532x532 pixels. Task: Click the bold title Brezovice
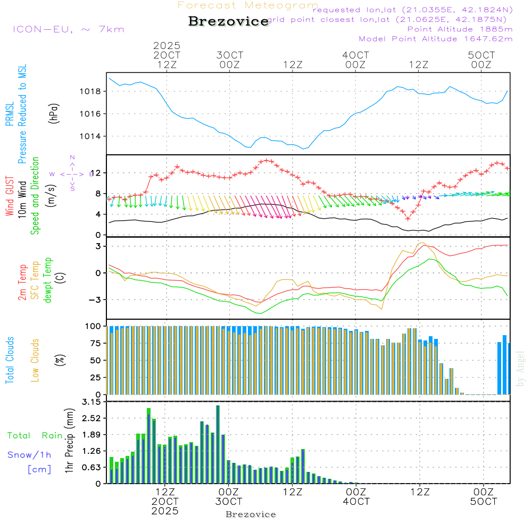pyautogui.click(x=228, y=21)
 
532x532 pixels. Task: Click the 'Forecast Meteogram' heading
pyautogui.click(x=248, y=5)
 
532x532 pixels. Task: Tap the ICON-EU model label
pyautogui.click(x=68, y=29)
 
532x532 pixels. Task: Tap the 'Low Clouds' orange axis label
pyautogui.click(x=35, y=360)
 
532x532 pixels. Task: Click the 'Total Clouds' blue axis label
pyautogui.click(x=10, y=360)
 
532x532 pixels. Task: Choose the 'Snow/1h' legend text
pyautogui.click(x=29, y=455)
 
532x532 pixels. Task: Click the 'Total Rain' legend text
pyautogui.click(x=35, y=436)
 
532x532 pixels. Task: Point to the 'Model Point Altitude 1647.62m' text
pyautogui.click(x=436, y=39)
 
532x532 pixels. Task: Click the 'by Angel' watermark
pyautogui.click(x=520, y=369)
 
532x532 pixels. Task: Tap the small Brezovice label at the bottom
pyautogui.click(x=251, y=514)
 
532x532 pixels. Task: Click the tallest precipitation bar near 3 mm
pyautogui.click(x=218, y=444)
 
